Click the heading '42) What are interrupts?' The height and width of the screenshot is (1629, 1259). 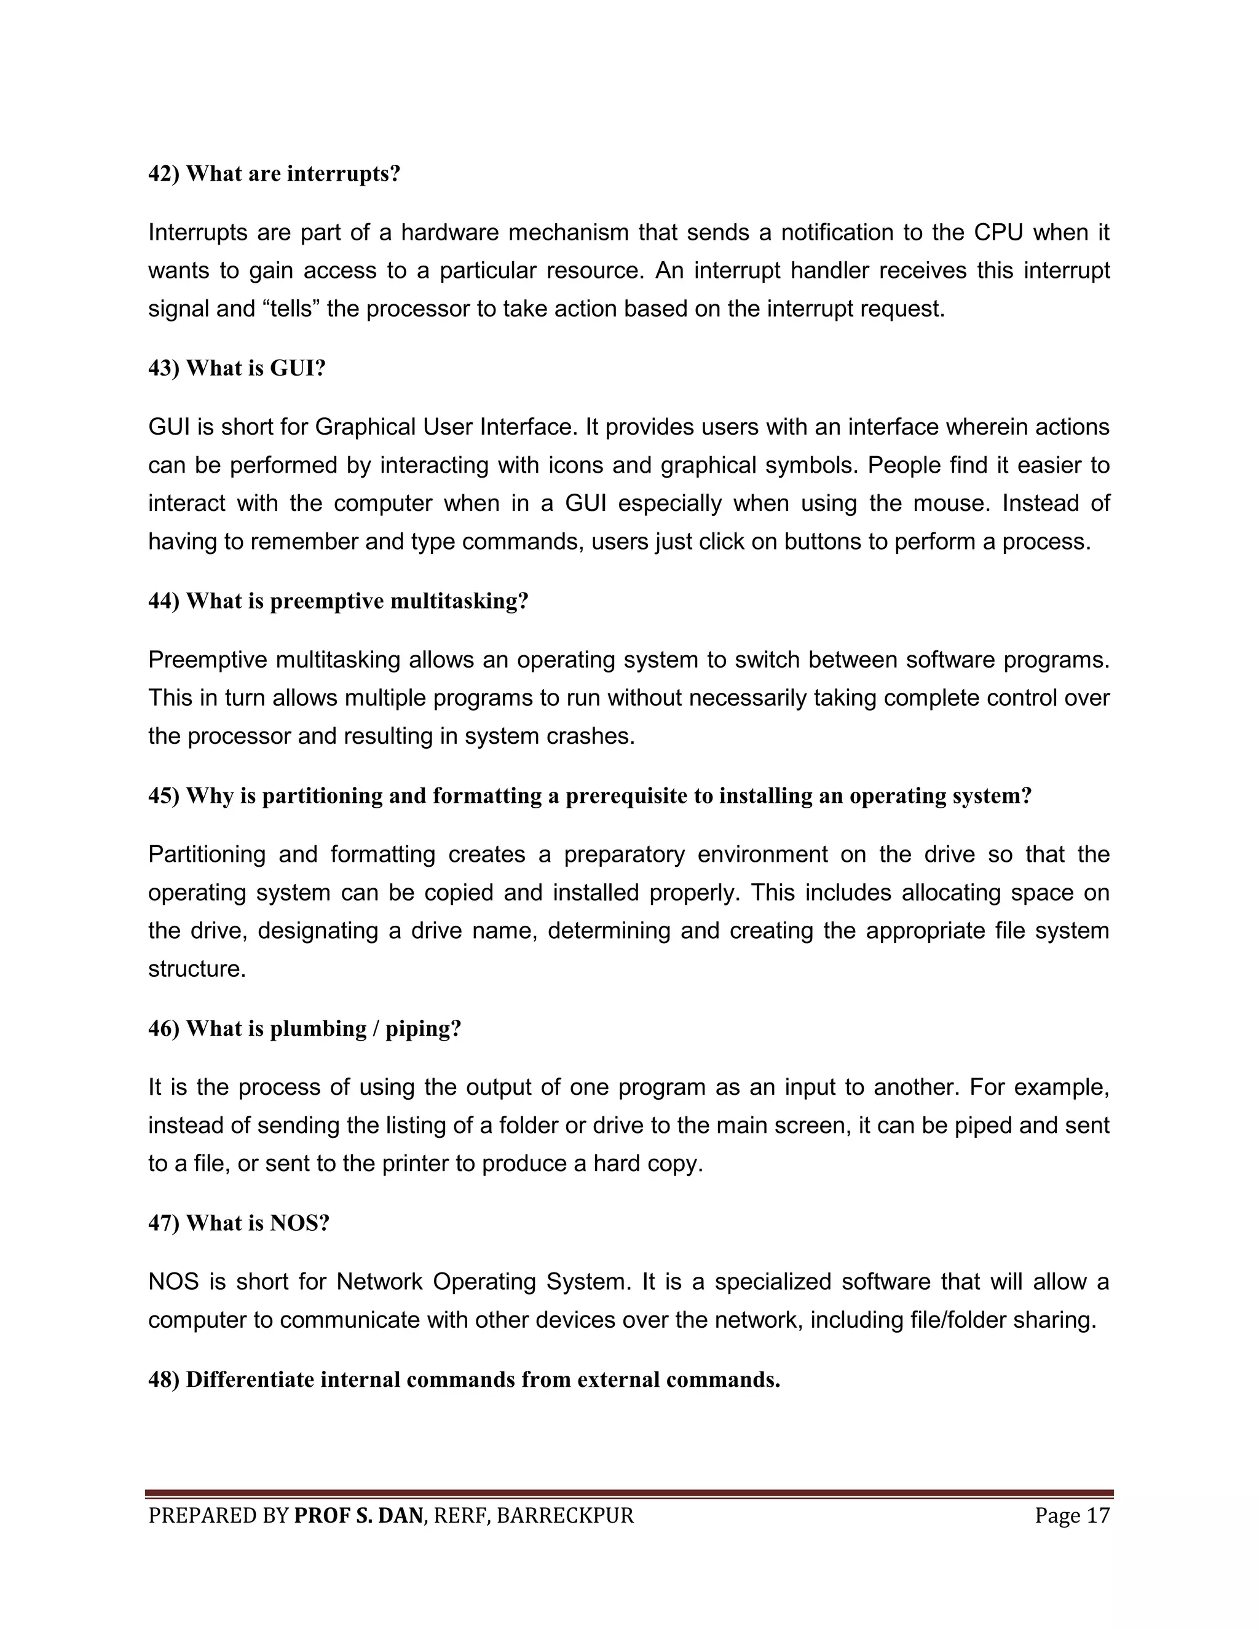coord(274,174)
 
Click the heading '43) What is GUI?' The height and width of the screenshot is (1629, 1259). coord(237,368)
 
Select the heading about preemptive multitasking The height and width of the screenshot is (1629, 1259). coord(338,601)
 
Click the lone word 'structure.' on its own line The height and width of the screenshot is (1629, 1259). coord(197,969)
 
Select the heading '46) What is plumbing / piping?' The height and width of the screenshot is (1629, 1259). coord(304,1028)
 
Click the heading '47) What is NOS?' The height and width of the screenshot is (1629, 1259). coord(239,1223)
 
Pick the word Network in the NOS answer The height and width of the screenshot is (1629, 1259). coord(380,1282)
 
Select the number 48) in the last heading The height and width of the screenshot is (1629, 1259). coord(164,1380)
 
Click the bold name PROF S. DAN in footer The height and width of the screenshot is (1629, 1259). coord(358,1516)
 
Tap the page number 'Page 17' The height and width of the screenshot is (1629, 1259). coord(1072,1516)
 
